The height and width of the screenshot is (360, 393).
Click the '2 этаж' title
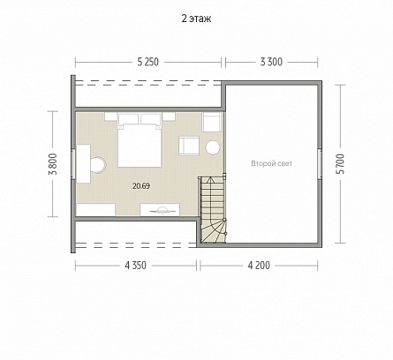(x=196, y=19)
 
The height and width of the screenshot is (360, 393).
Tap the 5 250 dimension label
(x=147, y=62)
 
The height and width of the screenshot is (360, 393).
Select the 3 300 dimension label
(x=271, y=62)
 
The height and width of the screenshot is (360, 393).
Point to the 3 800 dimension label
(x=53, y=164)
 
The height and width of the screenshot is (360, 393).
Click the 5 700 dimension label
(x=341, y=164)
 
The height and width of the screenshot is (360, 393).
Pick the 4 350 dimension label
(x=135, y=266)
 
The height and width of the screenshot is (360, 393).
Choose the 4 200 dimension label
(x=259, y=266)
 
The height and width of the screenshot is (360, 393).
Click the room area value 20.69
(x=141, y=186)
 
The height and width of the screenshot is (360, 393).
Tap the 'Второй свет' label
(x=272, y=163)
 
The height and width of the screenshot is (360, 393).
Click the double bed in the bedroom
(x=140, y=140)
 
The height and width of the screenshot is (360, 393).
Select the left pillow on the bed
(x=128, y=119)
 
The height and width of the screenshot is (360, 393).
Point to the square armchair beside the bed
(x=189, y=146)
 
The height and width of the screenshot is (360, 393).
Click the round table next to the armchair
(x=213, y=147)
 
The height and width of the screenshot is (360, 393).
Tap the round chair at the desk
(x=98, y=164)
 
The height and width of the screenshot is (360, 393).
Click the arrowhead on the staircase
(x=210, y=179)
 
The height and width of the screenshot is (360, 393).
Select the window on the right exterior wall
(x=320, y=163)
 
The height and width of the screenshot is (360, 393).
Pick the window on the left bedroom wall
(x=73, y=163)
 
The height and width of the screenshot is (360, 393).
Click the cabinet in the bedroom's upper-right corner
(x=212, y=123)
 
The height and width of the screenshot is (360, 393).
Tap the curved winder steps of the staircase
(x=213, y=231)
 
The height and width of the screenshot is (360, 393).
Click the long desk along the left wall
(x=84, y=164)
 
